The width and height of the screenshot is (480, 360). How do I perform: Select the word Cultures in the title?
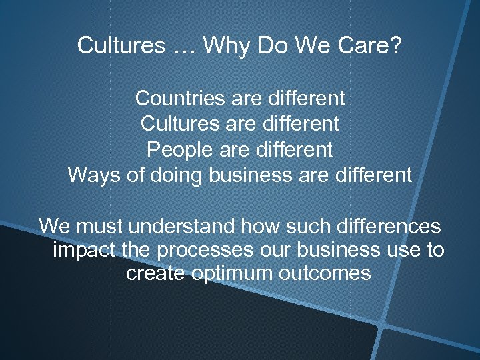point(120,45)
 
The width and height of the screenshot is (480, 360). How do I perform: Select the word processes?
point(215,250)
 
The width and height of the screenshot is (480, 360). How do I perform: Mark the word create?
point(156,273)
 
